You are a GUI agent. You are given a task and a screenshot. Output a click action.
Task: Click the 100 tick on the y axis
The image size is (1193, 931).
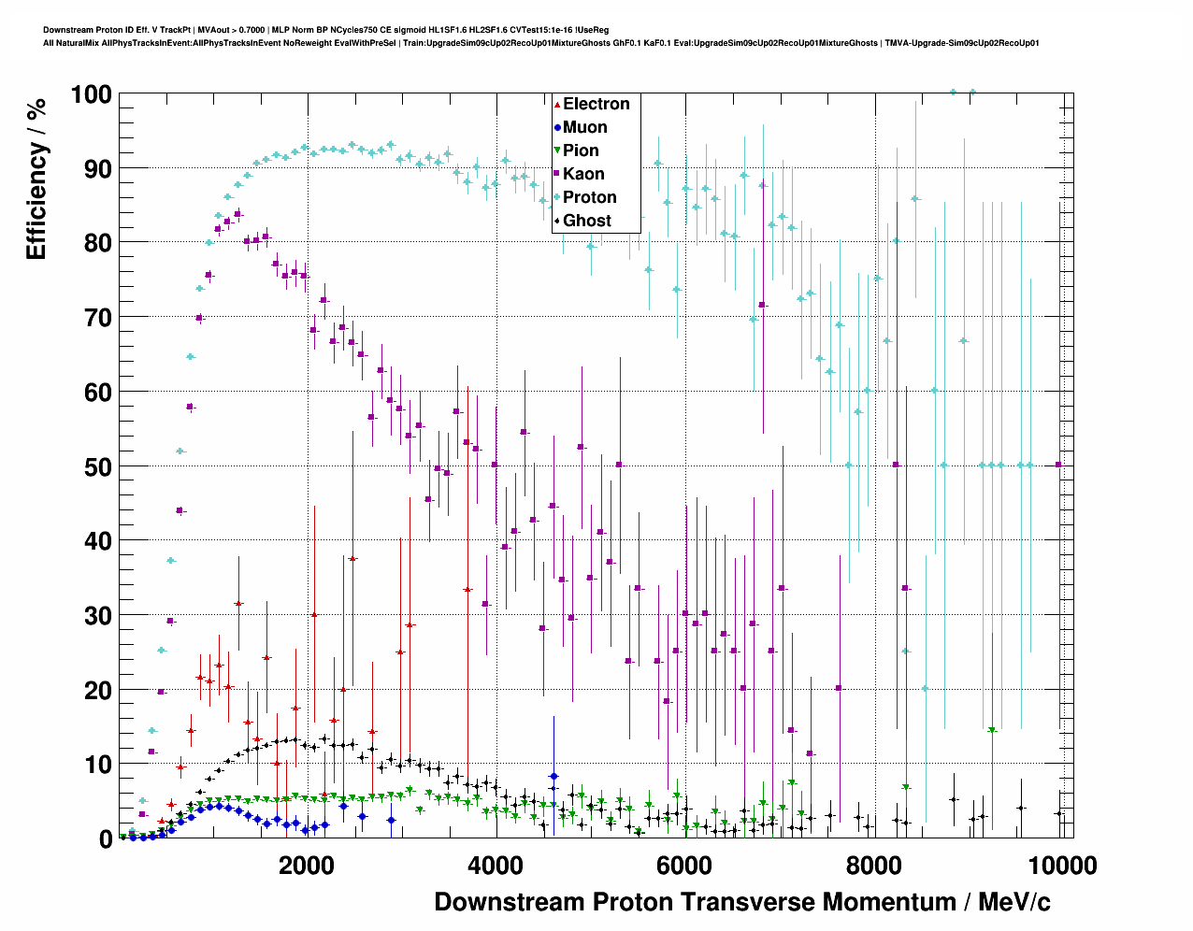coord(91,94)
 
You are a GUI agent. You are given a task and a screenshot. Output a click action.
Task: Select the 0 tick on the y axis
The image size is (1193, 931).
coord(106,838)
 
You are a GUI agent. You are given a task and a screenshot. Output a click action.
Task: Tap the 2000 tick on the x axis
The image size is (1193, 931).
coord(306,865)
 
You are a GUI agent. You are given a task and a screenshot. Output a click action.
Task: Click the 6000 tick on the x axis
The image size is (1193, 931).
coord(683,865)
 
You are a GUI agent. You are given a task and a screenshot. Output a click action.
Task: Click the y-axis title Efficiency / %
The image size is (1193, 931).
coord(36,178)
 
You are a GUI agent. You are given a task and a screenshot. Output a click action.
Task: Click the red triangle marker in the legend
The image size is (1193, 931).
coord(557,105)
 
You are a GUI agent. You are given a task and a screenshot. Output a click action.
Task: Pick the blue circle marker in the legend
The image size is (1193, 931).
coord(557,128)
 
